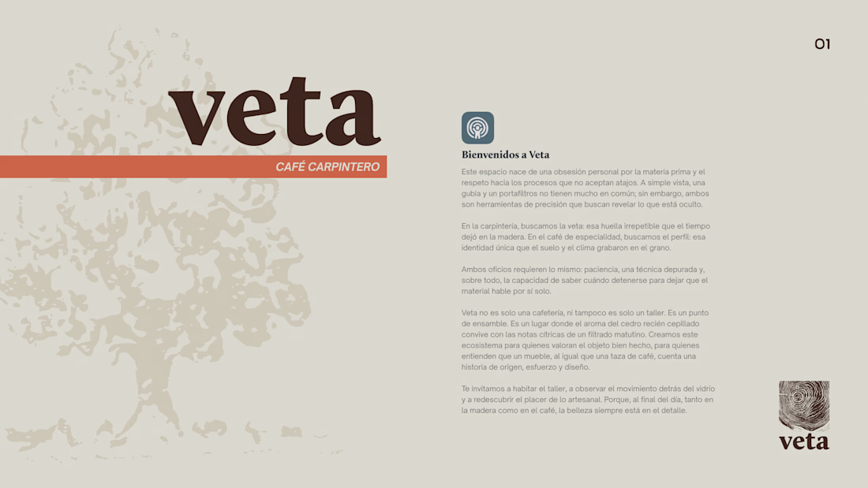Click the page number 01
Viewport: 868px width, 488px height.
822,44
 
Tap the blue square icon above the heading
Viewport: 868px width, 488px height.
477,128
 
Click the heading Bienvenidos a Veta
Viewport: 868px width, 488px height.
505,155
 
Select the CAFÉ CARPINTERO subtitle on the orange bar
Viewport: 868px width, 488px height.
327,167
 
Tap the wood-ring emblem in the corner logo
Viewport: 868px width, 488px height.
804,405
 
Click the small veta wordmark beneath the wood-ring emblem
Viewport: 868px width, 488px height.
804,441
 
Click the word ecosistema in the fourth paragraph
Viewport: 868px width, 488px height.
481,345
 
